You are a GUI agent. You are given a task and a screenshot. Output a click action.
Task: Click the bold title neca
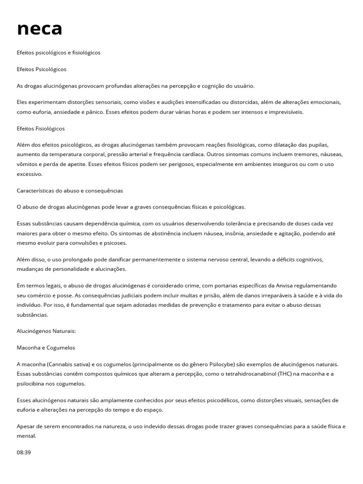tap(40, 28)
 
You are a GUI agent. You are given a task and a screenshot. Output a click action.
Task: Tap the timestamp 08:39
tap(24, 452)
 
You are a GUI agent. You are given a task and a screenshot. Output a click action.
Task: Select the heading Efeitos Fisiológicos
tap(41, 129)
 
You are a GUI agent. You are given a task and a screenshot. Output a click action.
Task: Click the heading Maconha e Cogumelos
tap(46, 348)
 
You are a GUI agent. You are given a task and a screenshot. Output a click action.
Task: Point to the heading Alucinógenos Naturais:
tap(46, 331)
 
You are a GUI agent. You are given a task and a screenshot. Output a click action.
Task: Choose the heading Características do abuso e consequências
tap(69, 190)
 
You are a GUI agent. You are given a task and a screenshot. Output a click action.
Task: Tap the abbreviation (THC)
tap(285, 373)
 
